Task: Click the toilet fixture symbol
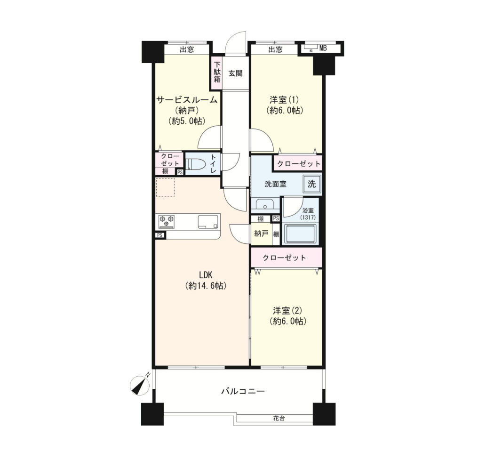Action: click(194, 164)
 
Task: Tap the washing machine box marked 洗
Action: click(312, 184)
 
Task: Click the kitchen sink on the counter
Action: click(208, 221)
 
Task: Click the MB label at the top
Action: click(323, 48)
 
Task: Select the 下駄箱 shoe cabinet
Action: click(217, 73)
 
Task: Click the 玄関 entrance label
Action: click(236, 73)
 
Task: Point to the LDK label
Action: click(205, 275)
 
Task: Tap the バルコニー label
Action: click(243, 391)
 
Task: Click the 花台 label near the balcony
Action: click(279, 418)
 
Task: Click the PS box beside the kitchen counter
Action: click(160, 235)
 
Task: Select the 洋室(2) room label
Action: click(287, 310)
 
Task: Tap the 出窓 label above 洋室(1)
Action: click(275, 49)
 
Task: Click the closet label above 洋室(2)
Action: click(284, 258)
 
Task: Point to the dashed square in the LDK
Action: click(165, 187)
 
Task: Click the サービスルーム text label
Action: click(187, 100)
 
